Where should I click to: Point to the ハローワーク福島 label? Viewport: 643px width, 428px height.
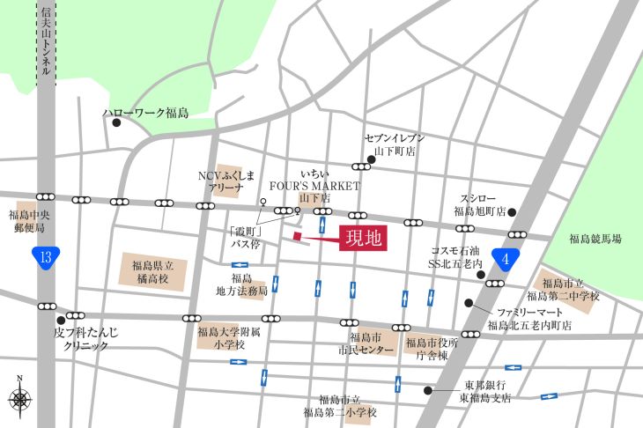[145, 114]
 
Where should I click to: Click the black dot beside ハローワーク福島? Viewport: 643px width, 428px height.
[115, 123]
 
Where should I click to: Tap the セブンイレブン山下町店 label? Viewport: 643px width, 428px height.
[395, 144]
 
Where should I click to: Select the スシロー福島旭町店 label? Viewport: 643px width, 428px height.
[478, 205]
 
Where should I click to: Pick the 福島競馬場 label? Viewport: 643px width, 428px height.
[595, 239]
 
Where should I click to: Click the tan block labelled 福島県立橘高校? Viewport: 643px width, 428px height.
[154, 272]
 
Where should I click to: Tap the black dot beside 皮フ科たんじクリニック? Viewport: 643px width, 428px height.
[60, 320]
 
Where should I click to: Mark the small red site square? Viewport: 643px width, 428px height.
[297, 237]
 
